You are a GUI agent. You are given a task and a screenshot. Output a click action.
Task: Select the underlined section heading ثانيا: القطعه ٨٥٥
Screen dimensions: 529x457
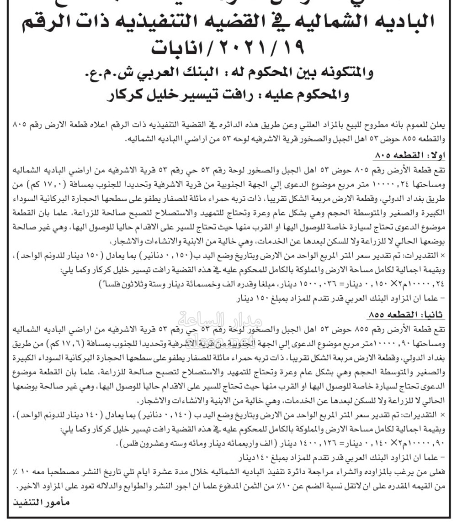(409, 314)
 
